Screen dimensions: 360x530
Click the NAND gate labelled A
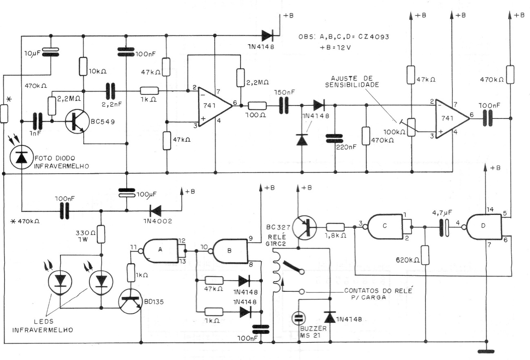[x=160, y=250]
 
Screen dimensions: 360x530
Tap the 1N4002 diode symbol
[x=156, y=211]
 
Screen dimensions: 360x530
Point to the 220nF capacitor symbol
[x=335, y=140]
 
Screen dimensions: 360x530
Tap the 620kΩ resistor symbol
[x=425, y=255]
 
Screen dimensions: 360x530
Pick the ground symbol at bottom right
[x=486, y=350]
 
